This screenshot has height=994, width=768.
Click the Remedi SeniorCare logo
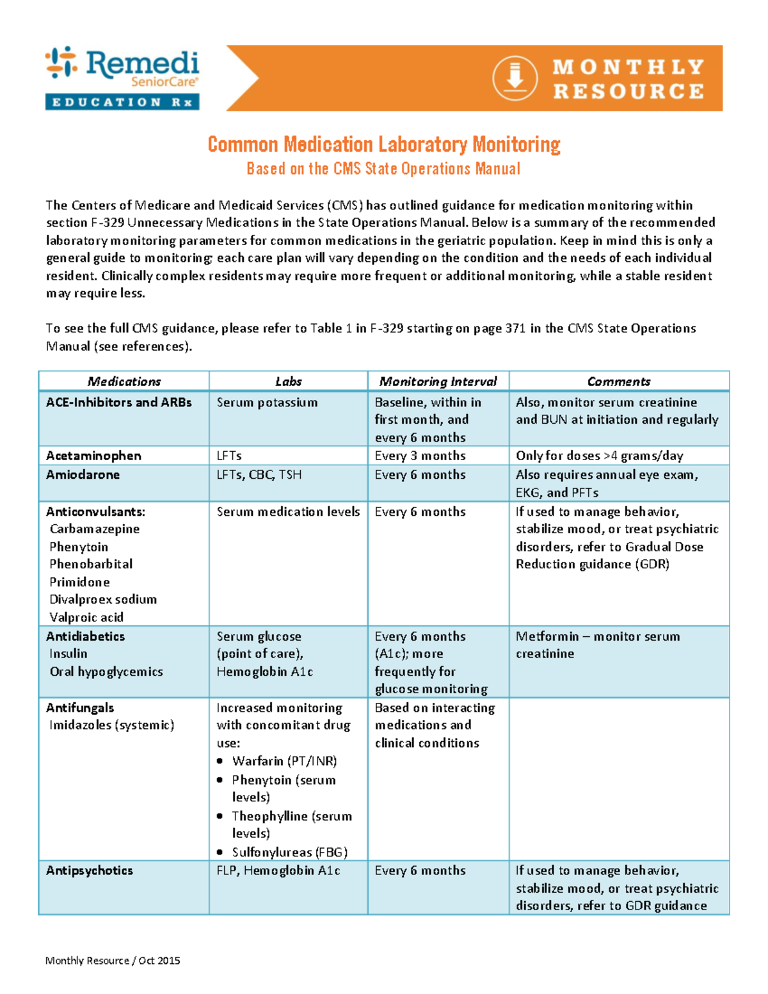(x=122, y=77)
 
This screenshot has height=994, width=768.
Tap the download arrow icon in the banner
(x=515, y=78)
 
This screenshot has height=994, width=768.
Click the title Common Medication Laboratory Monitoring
(x=384, y=145)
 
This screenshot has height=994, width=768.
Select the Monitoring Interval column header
(x=438, y=381)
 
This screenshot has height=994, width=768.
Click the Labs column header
(x=288, y=381)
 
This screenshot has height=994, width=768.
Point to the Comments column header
(x=619, y=381)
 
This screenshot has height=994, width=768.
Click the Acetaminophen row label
(x=93, y=456)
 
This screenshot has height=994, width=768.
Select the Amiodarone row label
(x=83, y=475)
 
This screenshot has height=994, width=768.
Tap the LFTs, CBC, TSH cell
(x=259, y=475)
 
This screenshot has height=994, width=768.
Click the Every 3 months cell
(x=420, y=456)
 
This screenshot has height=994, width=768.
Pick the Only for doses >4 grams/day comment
(x=599, y=456)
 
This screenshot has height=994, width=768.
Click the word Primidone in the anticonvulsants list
(x=79, y=582)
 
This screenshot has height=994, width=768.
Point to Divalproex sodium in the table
(x=103, y=600)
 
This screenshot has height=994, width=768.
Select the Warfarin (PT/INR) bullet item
(x=284, y=761)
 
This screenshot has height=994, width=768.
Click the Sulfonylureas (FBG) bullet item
(x=289, y=853)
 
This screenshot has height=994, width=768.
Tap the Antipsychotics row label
(x=90, y=871)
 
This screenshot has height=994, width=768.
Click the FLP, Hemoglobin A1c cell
(x=278, y=871)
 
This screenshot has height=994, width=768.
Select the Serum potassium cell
(x=267, y=403)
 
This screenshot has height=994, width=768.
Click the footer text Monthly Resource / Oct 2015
(x=113, y=961)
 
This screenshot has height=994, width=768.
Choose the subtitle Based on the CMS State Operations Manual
(x=383, y=169)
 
